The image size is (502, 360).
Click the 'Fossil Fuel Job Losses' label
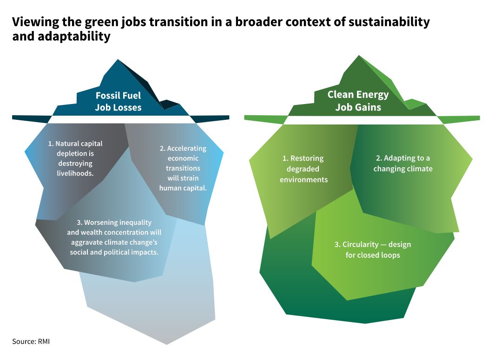coord(118,102)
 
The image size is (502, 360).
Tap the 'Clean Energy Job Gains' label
coord(358,101)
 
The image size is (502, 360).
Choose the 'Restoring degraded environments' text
coord(304,169)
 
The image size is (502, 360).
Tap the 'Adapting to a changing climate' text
coord(403,164)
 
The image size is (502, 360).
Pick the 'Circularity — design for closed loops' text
coord(372,249)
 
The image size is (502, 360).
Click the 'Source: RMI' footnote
coord(31,341)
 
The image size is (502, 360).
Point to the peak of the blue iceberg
coord(119,60)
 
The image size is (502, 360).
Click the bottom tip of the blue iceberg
coord(166,344)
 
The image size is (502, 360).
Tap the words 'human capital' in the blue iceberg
coord(183,188)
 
